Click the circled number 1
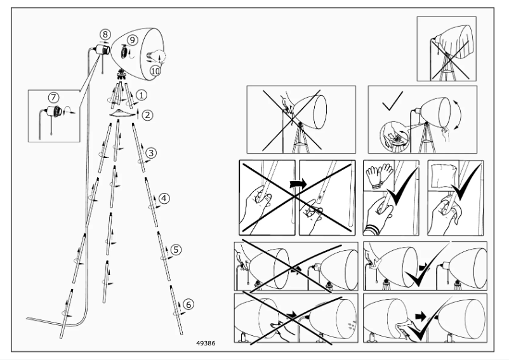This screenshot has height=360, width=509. point(142,95)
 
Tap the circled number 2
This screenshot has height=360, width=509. point(147,116)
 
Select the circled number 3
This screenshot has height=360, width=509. point(151,152)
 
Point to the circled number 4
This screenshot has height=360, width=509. point(164,198)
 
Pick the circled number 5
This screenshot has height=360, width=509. point(176,249)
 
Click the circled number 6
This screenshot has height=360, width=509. point(188,305)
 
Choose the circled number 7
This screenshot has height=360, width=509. point(53,97)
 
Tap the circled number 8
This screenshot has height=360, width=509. point(105,34)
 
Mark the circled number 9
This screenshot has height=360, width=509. point(133,39)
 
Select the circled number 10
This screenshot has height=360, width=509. point(155,70)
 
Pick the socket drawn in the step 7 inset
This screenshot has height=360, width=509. point(58,113)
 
